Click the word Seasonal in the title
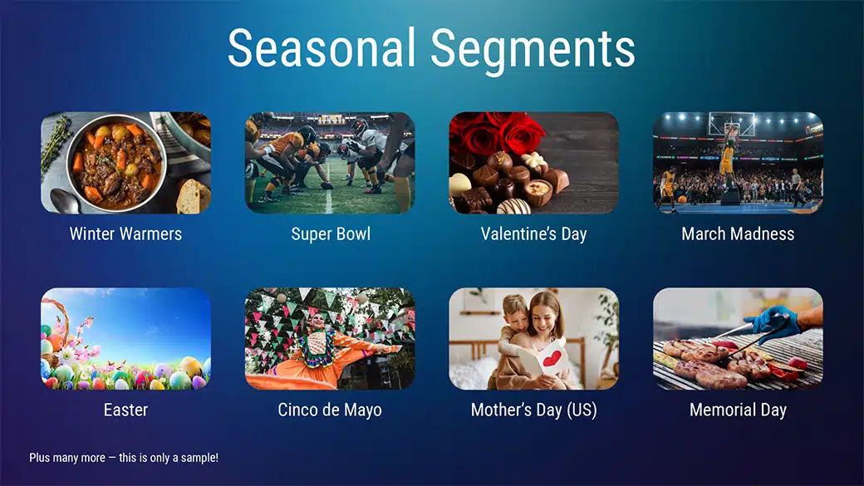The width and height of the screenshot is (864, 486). tap(321, 48)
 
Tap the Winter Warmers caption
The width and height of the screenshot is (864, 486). tap(125, 233)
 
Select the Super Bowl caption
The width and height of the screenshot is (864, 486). tap(330, 233)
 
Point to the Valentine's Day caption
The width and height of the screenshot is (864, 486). tap(533, 233)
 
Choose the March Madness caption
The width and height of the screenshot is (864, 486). tap(738, 233)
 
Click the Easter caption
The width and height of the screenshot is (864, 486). tap(125, 410)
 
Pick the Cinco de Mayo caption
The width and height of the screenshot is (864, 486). tap(330, 410)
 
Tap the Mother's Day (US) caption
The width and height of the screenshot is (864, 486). tap(533, 410)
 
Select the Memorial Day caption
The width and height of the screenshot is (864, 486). tap(738, 410)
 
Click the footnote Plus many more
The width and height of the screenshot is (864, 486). tap(124, 458)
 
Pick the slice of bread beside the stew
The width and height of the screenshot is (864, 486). tap(193, 196)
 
